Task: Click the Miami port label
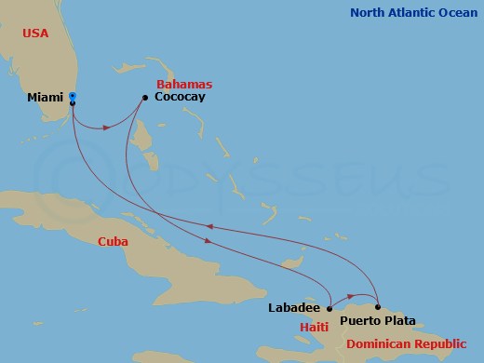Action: coord(46,97)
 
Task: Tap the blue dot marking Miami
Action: coord(73,97)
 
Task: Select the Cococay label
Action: coord(180,97)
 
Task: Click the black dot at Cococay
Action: coord(145,97)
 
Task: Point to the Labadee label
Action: coord(293,308)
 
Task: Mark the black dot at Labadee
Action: coord(329,307)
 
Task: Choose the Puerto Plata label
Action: coord(378,321)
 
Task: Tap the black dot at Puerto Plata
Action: coord(378,306)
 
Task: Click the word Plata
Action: coord(397,321)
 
